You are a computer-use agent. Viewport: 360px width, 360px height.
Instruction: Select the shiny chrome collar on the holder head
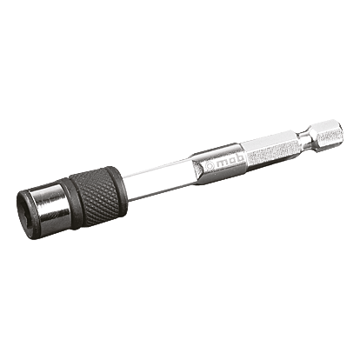[x=54, y=206]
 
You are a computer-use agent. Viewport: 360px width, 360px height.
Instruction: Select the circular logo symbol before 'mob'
[x=210, y=165]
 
